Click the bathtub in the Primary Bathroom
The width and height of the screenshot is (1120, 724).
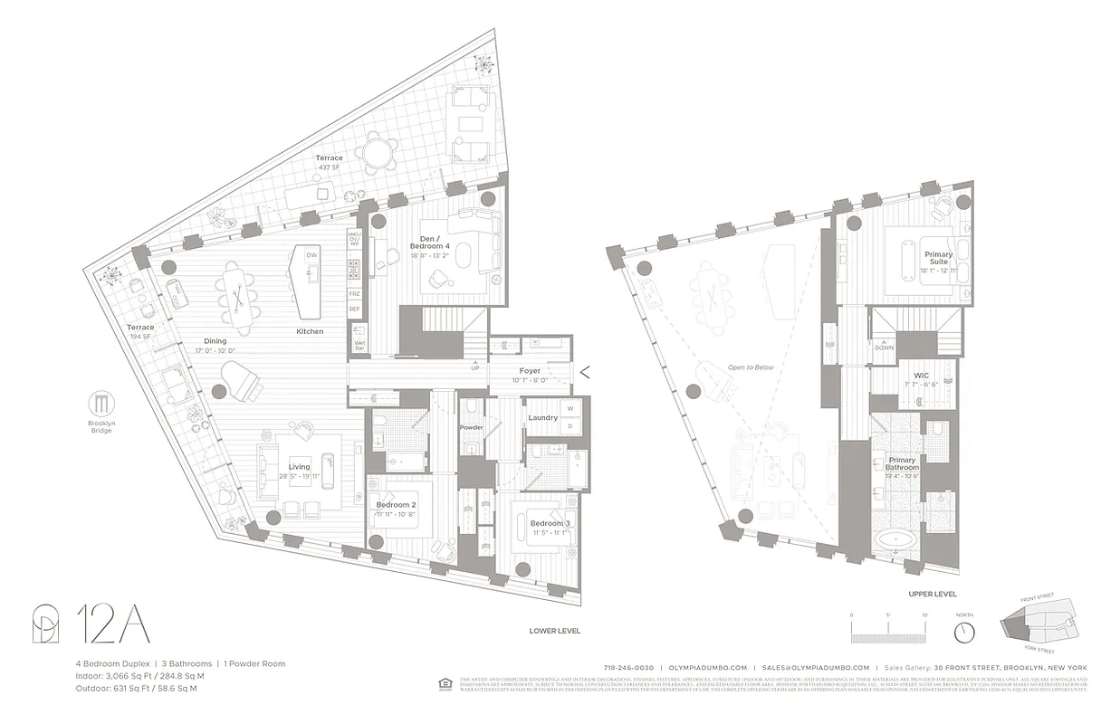(x=895, y=541)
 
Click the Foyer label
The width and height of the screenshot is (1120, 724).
(x=530, y=370)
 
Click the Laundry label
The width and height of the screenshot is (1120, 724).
(x=542, y=417)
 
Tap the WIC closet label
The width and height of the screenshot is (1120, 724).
(x=922, y=375)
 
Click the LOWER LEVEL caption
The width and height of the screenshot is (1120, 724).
(x=555, y=630)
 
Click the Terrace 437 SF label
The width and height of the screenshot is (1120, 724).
(x=329, y=163)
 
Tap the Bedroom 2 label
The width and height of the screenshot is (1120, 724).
(x=396, y=510)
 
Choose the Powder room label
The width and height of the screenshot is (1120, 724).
(x=471, y=426)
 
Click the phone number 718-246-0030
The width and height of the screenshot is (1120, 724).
(x=628, y=667)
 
